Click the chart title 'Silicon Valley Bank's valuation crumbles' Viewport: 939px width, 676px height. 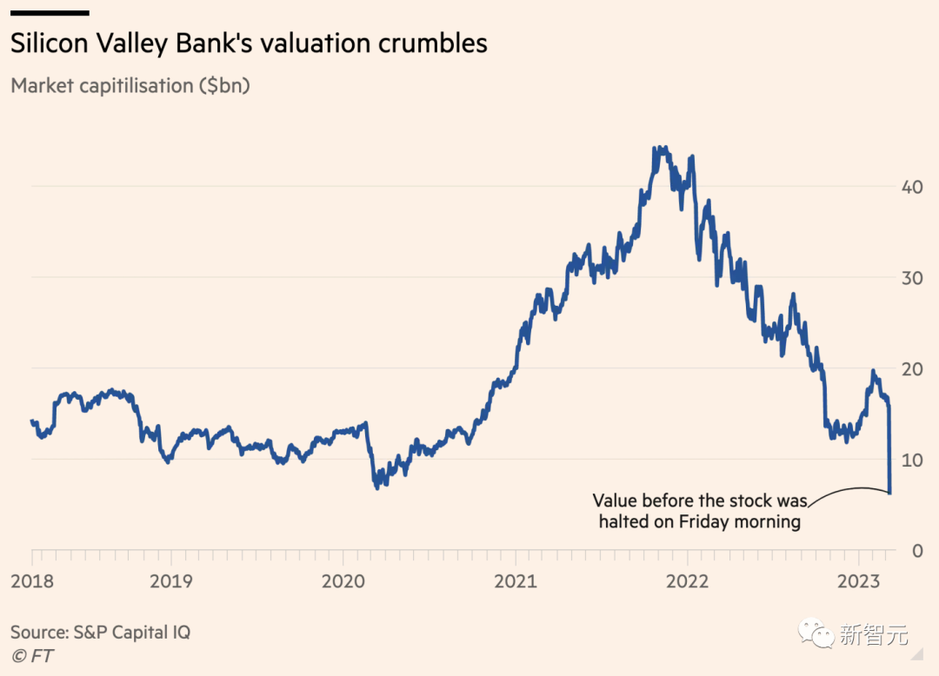[249, 43]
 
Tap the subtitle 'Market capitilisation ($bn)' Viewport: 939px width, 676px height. [130, 85]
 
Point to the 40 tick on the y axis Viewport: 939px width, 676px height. [911, 187]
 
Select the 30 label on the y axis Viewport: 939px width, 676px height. [911, 278]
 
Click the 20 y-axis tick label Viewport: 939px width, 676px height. [911, 369]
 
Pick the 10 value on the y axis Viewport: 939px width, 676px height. [911, 460]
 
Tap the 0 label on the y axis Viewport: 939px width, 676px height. [917, 550]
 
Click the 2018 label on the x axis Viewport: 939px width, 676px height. [32, 581]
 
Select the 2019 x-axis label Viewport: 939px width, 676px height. [171, 581]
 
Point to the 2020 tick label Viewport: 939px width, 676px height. [343, 581]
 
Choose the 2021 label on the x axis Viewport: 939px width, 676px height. [516, 581]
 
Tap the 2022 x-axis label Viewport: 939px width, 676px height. [688, 581]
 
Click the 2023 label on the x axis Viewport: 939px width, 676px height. [859, 581]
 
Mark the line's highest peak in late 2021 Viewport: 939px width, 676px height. [659, 147]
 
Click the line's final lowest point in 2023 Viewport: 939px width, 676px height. [890, 493]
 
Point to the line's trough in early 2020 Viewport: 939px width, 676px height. [377, 488]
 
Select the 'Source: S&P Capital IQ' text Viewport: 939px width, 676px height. [101, 633]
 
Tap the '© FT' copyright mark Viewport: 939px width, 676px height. [32, 656]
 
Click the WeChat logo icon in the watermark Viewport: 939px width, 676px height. [816, 633]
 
